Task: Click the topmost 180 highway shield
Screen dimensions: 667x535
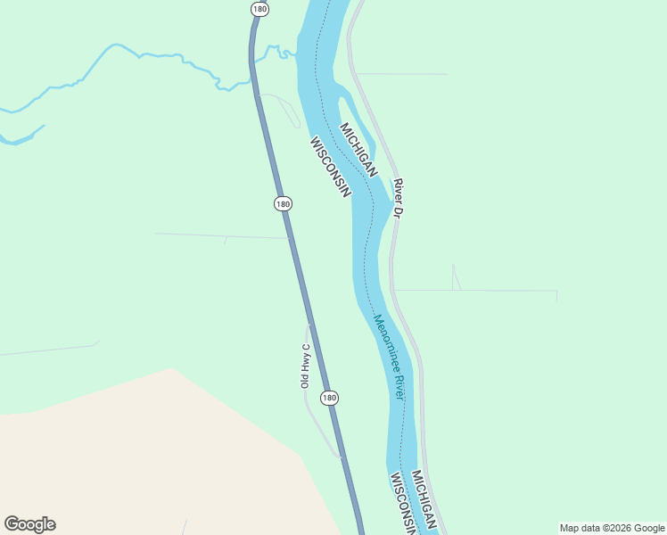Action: (x=259, y=9)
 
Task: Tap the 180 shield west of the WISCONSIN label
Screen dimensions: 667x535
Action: (x=283, y=203)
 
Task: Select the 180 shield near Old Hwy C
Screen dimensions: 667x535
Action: (x=330, y=398)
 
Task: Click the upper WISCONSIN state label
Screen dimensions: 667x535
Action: (x=330, y=167)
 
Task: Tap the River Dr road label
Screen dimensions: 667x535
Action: (x=399, y=199)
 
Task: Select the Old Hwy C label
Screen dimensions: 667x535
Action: (x=305, y=366)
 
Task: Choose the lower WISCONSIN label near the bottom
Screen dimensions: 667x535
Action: (x=404, y=504)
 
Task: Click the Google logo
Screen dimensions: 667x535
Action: (x=30, y=524)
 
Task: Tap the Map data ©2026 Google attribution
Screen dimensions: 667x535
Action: (x=611, y=528)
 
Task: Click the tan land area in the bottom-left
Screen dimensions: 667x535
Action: (x=134, y=464)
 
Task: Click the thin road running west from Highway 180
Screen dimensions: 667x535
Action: (x=214, y=235)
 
